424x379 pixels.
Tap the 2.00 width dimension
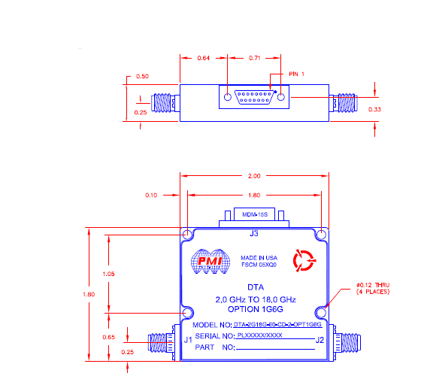coord(253,176)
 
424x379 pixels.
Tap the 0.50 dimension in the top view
coord(142,76)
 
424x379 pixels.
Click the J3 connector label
coord(253,232)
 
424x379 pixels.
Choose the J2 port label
coord(320,340)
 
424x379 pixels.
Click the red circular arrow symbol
coord(305,261)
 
